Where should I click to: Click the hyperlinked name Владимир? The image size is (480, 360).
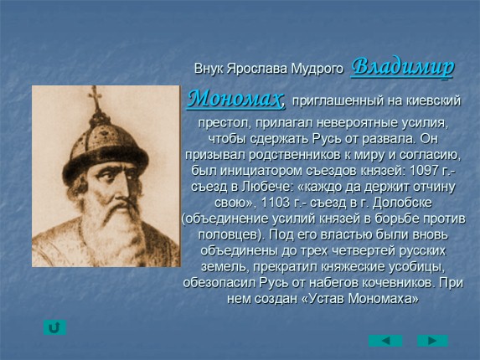click(402, 67)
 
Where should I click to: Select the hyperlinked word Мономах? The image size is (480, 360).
click(235, 99)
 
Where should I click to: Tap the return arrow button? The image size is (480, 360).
click(54, 327)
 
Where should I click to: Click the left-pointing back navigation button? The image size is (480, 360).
click(385, 341)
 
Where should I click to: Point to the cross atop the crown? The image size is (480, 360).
click(95, 96)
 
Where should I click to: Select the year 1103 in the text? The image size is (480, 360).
click(275, 203)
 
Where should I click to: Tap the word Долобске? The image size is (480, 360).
click(403, 203)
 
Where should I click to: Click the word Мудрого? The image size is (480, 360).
click(317, 69)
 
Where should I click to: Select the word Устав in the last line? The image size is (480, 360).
click(327, 298)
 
